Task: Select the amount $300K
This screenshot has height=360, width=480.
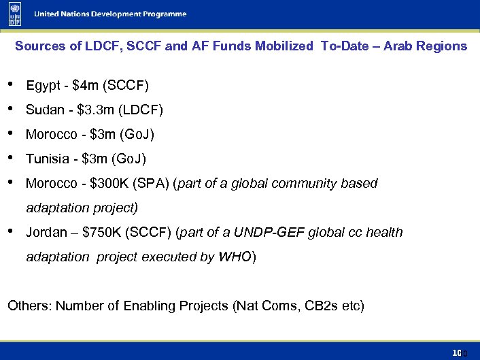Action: tap(109, 184)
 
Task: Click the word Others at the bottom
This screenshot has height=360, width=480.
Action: tap(29, 306)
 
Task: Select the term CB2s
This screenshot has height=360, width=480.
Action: tap(318, 306)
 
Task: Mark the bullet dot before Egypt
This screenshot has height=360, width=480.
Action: tap(10, 84)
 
